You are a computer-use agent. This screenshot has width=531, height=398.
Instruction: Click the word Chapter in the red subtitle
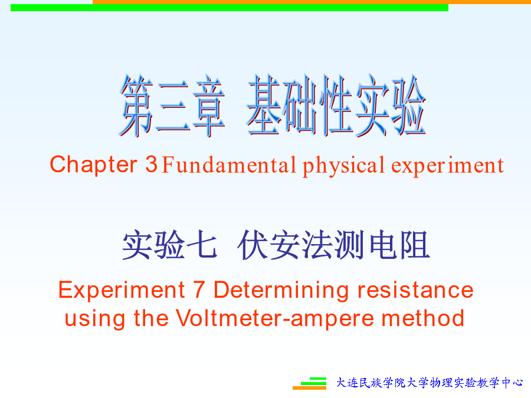pyautogui.click(x=93, y=165)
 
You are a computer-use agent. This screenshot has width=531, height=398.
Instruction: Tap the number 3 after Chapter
pyautogui.click(x=152, y=164)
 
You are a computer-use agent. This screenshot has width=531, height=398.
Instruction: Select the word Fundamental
pyautogui.click(x=229, y=165)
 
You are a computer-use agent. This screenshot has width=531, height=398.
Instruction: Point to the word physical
pyautogui.click(x=343, y=166)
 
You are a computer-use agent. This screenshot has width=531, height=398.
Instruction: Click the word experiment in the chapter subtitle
pyautogui.click(x=447, y=166)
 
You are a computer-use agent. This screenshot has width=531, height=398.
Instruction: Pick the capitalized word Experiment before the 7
pyautogui.click(x=122, y=291)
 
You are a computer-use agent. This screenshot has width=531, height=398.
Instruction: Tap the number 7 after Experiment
pyautogui.click(x=199, y=290)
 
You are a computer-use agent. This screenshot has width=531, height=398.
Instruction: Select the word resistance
pyautogui.click(x=415, y=290)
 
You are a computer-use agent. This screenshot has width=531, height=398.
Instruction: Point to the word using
pyautogui.click(x=94, y=319)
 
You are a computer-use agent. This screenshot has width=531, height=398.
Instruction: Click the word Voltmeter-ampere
pyautogui.click(x=274, y=319)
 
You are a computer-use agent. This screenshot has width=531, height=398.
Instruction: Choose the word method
pyautogui.click(x=423, y=318)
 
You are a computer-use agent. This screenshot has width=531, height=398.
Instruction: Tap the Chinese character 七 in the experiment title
pyautogui.click(x=202, y=245)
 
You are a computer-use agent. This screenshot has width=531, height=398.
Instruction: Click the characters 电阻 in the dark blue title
pyautogui.click(x=399, y=245)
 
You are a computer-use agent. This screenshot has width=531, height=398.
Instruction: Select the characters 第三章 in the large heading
pyautogui.click(x=172, y=106)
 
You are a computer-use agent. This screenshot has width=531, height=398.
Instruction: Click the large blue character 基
pyautogui.click(x=264, y=105)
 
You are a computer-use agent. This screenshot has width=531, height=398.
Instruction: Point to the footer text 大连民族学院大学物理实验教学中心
pyautogui.click(x=430, y=383)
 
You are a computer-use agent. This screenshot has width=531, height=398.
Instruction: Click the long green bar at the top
pyautogui.click(x=230, y=8)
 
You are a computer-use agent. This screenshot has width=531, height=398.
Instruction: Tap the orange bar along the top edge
pyautogui.click(x=312, y=2)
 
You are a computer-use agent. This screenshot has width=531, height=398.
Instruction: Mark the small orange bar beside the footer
pyautogui.click(x=309, y=388)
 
